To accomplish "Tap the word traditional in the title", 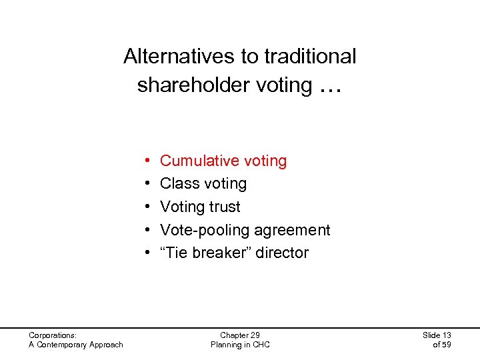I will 310,57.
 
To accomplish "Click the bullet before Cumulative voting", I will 146,161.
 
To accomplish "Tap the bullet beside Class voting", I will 146,184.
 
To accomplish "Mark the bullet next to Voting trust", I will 146,207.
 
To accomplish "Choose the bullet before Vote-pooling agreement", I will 146,231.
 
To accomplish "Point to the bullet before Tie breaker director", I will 146,253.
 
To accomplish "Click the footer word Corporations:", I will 53,335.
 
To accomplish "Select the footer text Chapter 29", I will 239,335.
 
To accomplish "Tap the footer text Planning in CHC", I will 239,345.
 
